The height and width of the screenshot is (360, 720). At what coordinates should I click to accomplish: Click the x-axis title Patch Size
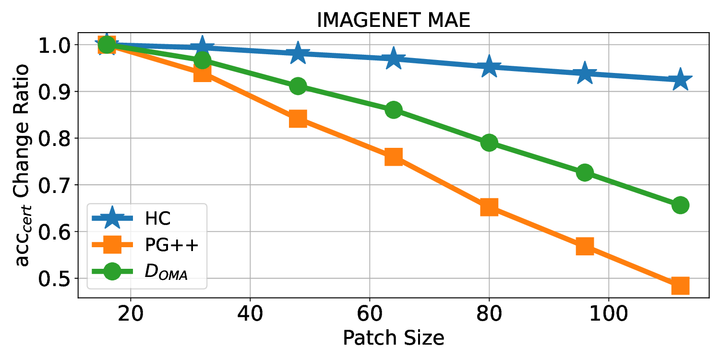tap(393, 338)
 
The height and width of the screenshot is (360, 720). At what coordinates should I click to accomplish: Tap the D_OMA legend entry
tap(166, 272)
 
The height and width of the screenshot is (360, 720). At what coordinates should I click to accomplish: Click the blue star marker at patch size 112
tap(680, 80)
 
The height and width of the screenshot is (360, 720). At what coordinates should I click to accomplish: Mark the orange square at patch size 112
tap(680, 286)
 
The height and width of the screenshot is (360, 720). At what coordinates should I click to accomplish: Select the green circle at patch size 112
tap(680, 205)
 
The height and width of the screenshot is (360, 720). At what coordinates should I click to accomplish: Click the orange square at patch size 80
tap(489, 207)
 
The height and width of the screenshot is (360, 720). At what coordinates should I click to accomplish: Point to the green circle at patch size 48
tap(298, 86)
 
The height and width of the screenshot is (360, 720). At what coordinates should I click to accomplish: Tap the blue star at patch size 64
tap(394, 59)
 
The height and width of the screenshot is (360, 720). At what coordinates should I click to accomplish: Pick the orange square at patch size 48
tap(298, 119)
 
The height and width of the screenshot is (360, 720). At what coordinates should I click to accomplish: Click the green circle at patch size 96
tap(585, 172)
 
